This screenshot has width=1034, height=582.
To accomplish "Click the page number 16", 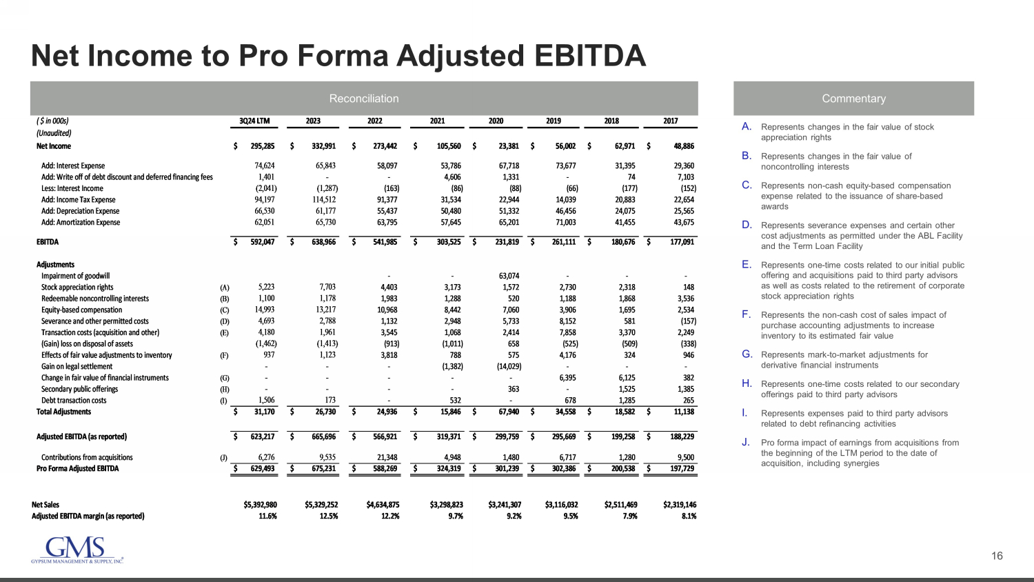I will (997, 556).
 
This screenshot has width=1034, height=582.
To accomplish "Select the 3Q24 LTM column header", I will (254, 121).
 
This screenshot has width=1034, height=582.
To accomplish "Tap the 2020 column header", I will (496, 121).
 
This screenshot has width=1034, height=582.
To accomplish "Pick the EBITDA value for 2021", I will (448, 242).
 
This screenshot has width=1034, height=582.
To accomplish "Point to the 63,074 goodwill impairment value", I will (509, 276).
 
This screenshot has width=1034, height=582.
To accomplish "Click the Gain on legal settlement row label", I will (77, 367).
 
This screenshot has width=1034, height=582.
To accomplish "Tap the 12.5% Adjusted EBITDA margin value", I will (328, 516).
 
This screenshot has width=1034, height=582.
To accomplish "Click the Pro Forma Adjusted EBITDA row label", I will (77, 469).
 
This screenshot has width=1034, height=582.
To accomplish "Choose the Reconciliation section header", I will (363, 99).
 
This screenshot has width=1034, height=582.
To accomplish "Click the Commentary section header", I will (853, 99).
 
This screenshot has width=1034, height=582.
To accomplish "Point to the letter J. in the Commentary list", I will (746, 443).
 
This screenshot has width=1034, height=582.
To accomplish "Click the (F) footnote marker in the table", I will (224, 356).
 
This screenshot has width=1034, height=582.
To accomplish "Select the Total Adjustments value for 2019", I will (565, 412).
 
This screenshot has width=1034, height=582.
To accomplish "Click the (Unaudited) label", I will (54, 133).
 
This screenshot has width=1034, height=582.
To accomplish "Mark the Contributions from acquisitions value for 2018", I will (625, 457).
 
